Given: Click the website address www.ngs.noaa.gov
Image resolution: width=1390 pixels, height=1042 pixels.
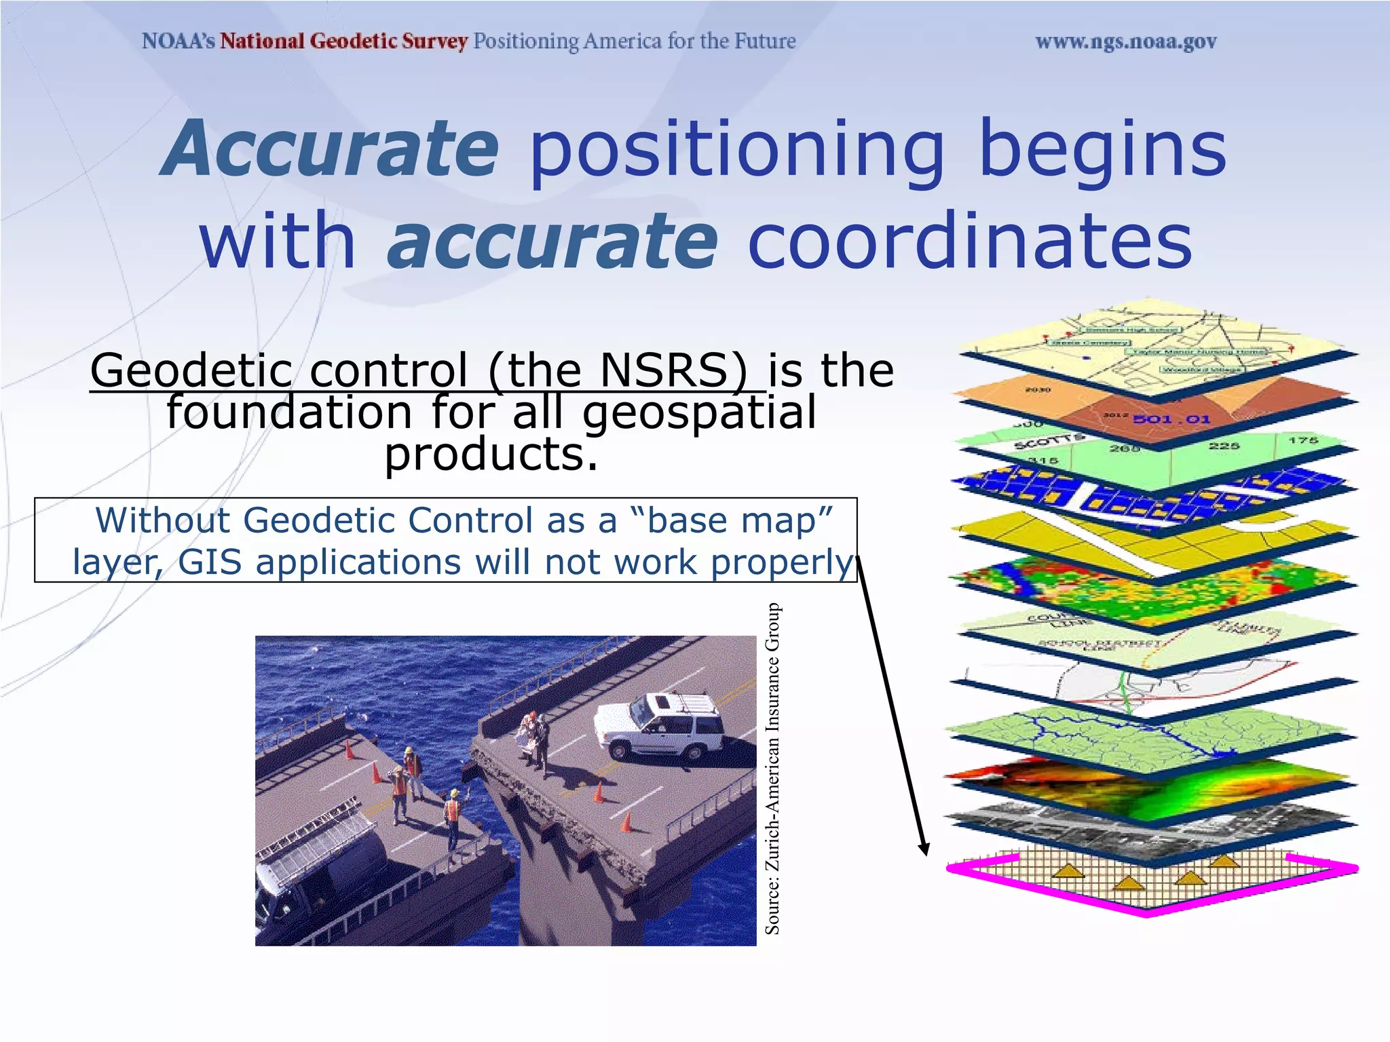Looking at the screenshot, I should pyautogui.click(x=1125, y=42).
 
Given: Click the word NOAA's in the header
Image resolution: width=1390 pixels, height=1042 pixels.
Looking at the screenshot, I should pyautogui.click(x=178, y=41).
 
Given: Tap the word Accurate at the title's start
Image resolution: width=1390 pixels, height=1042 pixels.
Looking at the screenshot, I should pyautogui.click(x=331, y=149).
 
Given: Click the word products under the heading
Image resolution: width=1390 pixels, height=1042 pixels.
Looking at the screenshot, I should pyautogui.click(x=491, y=454).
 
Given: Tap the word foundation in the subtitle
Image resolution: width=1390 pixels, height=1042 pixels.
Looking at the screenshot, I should pyautogui.click(x=289, y=412).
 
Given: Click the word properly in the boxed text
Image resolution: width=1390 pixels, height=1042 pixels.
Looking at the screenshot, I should pyautogui.click(x=781, y=562).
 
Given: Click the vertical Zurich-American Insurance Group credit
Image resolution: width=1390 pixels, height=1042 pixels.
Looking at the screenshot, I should pyautogui.click(x=772, y=769).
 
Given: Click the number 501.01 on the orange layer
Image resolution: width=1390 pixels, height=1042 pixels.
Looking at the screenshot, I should pyautogui.click(x=1171, y=419).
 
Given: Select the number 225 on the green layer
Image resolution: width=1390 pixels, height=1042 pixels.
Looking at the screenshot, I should pyautogui.click(x=1224, y=446).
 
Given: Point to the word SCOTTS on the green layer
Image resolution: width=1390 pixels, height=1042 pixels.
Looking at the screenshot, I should pyautogui.click(x=1049, y=442).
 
